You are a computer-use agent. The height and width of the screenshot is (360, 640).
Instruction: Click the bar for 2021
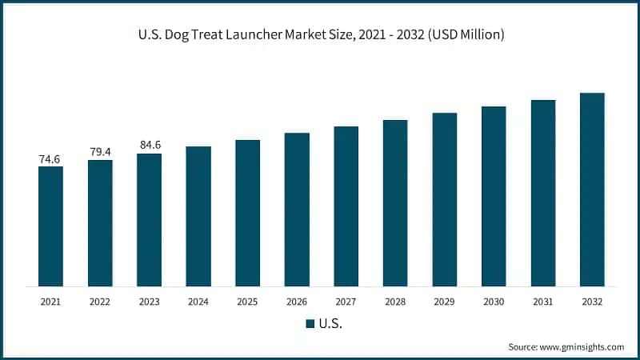point(50,226)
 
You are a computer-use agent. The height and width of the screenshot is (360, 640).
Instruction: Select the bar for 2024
point(198,216)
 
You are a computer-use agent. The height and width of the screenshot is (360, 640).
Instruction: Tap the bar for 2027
point(346,206)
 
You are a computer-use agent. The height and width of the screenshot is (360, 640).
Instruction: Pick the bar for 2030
point(494,196)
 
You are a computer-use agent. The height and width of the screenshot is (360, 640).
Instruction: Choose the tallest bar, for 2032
point(592,190)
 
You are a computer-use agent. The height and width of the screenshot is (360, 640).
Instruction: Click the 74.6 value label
point(50,159)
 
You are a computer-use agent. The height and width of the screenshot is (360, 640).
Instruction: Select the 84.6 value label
point(149,146)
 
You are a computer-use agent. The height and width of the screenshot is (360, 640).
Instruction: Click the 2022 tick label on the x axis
point(100,302)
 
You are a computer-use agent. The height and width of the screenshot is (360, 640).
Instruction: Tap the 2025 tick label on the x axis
point(248,302)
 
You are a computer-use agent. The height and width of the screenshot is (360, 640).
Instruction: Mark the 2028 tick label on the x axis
point(395,302)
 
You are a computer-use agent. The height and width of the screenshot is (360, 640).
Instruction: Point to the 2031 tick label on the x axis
point(543,302)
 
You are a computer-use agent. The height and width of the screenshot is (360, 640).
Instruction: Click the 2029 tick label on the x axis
point(445,302)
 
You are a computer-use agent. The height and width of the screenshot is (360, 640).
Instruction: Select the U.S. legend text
point(331,324)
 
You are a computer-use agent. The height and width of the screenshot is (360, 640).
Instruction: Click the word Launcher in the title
point(264,35)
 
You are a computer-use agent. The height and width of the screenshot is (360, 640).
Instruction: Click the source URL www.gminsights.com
point(582,346)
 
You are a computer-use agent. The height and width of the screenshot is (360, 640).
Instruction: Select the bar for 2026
point(297,210)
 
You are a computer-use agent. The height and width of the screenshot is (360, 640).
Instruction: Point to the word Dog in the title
point(182,35)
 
